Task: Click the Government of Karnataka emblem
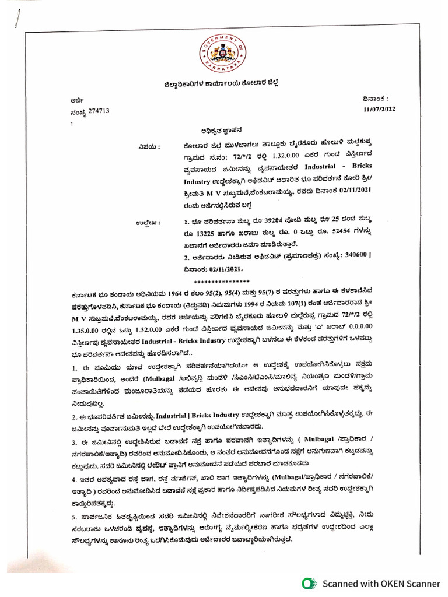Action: pos(223,53)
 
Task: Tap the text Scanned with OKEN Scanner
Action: pos(381,583)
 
